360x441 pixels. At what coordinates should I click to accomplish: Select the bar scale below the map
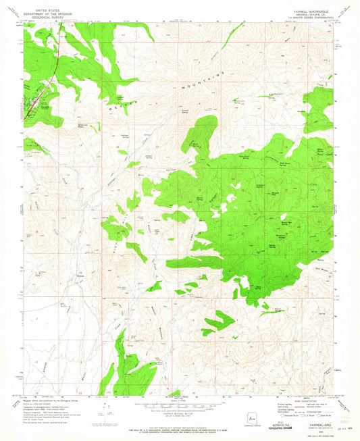click(180, 405)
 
